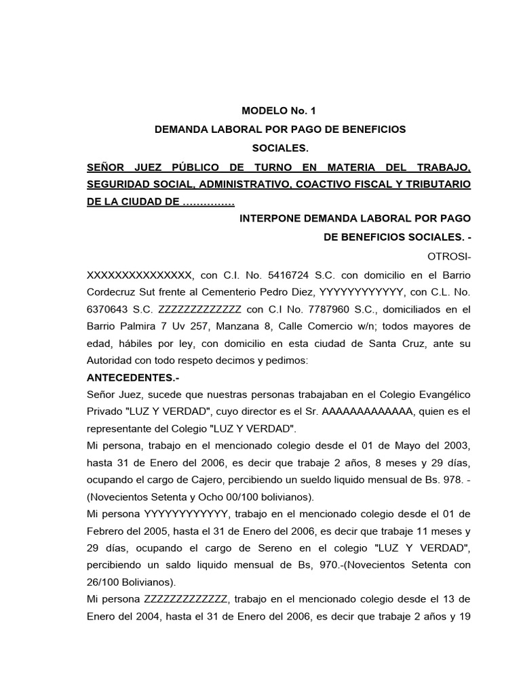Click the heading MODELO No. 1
[279, 111]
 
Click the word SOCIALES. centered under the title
[279, 147]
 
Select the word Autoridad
[111, 361]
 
